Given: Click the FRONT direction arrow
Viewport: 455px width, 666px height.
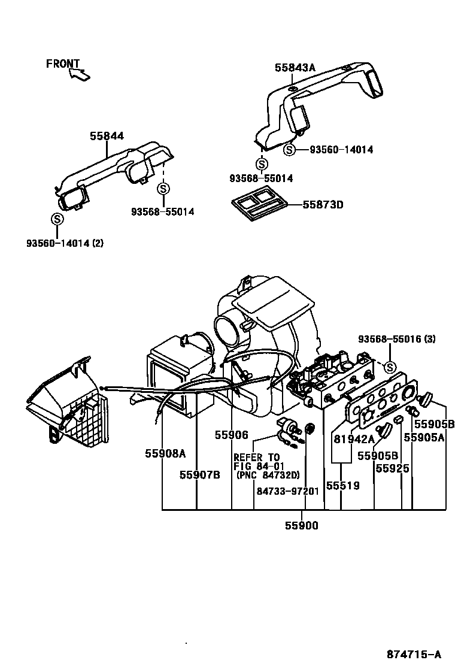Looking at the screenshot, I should pos(80,74).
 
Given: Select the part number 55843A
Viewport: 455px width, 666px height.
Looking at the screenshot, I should pos(295,68).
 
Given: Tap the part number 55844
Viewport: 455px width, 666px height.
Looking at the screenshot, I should pos(107,137).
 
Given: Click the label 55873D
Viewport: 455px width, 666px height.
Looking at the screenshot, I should pos(322,205).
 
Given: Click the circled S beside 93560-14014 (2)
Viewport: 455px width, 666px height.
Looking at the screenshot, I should pos(57,219).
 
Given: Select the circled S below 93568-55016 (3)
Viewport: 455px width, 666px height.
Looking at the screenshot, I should pos(390,367).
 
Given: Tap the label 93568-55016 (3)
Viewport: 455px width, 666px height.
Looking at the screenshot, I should pos(397,339).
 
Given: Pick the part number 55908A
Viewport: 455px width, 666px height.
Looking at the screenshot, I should pos(165,453).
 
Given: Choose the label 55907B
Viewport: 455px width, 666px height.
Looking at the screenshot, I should pos(200,474).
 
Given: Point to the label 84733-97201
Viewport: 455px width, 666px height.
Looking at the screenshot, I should pos(287,491).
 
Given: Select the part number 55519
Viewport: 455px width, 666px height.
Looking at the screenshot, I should pos(343,486).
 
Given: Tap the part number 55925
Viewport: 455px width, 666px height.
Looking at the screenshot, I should pos(393,468).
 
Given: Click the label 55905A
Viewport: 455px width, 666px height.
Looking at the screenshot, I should pos(424,438).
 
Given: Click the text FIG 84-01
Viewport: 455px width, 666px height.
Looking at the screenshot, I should pos(259,466).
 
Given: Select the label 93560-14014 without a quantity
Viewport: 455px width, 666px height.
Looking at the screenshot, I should pos(341,150).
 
